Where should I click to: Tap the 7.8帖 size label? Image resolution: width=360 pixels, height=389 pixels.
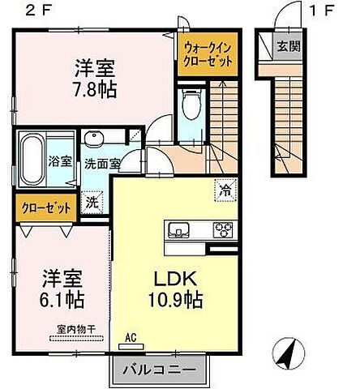tap(96, 88)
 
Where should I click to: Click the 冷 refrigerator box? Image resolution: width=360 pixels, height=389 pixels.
tap(225, 191)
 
